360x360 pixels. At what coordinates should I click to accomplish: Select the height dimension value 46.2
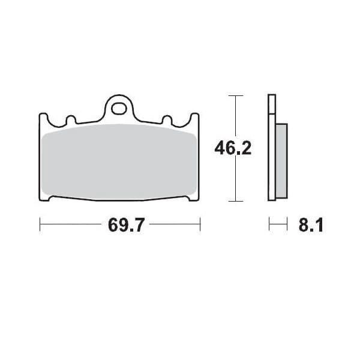pyautogui.click(x=233, y=148)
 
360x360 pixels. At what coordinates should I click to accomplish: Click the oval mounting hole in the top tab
pyautogui.click(x=120, y=109)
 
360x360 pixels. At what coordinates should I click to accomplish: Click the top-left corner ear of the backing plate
pyautogui.click(x=43, y=118)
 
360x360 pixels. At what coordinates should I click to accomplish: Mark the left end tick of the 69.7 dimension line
pyautogui.click(x=40, y=226)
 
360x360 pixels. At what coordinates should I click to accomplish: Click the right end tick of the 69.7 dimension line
pyautogui.click(x=200, y=226)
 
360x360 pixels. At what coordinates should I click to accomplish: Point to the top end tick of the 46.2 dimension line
pyautogui.click(x=236, y=95)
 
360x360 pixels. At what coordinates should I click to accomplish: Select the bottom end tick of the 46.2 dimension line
pyautogui.click(x=236, y=200)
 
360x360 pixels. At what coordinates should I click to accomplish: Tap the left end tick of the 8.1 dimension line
pyautogui.click(x=269, y=226)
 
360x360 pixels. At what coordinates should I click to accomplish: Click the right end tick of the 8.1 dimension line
pyautogui.click(x=288, y=226)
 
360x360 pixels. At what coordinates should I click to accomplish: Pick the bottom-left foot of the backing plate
pyautogui.click(x=46, y=199)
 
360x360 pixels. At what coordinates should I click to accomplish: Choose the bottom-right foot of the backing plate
pyautogui.click(x=193, y=199)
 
